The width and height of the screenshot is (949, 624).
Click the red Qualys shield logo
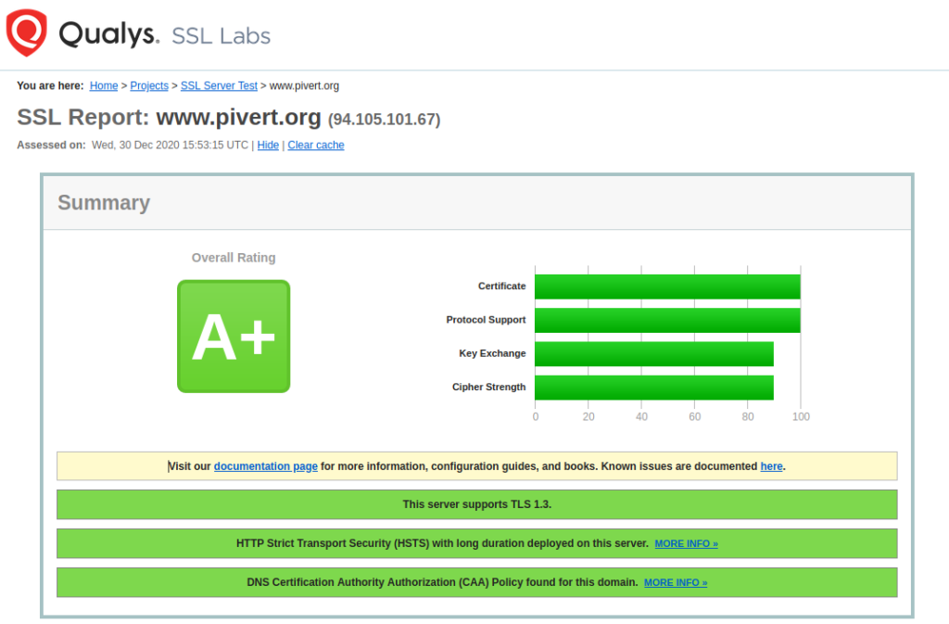(x=26, y=32)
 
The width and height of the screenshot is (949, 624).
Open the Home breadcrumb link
(x=104, y=86)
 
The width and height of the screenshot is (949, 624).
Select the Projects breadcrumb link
(x=149, y=86)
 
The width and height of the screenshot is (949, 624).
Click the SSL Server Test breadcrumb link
(x=219, y=86)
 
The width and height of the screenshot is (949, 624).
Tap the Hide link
(x=268, y=146)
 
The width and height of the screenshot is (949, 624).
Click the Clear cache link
(x=316, y=146)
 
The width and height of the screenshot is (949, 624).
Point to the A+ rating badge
(x=234, y=337)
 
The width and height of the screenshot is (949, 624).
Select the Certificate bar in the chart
(x=667, y=287)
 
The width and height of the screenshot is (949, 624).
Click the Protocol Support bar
(x=667, y=320)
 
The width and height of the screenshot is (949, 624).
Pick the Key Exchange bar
(x=654, y=354)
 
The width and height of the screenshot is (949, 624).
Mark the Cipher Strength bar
(x=654, y=388)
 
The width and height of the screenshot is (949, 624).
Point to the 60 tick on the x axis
(x=695, y=416)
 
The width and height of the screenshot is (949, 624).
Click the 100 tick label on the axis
(x=801, y=416)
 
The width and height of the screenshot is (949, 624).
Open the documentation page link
(x=266, y=466)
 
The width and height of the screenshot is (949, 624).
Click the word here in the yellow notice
(x=772, y=466)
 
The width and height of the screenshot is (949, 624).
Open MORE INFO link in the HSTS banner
(x=687, y=544)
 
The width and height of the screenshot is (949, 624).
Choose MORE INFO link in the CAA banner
(x=676, y=583)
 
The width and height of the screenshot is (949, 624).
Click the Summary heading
(x=104, y=203)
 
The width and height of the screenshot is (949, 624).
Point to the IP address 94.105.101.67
(x=385, y=120)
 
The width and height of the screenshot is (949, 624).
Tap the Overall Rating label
(x=234, y=258)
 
